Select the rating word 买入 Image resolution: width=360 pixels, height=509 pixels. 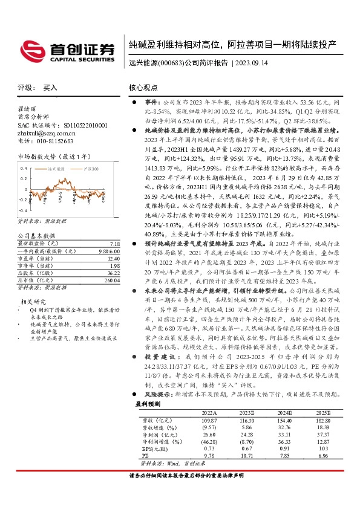pyautogui.click(x=50, y=88)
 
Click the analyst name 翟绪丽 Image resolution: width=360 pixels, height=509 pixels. pyautogui.click(x=22, y=109)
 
